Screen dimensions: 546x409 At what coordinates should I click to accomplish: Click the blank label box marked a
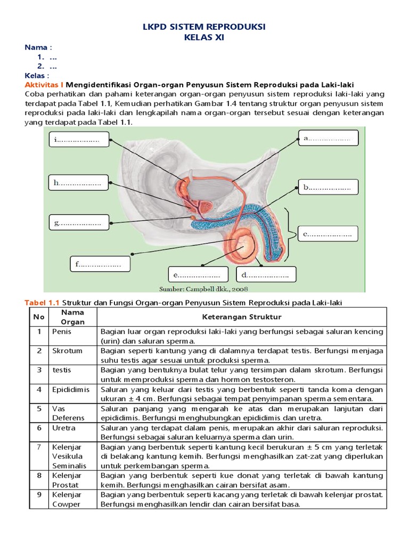click(x=329, y=138)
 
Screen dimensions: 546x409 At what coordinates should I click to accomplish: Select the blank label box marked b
click(x=329, y=188)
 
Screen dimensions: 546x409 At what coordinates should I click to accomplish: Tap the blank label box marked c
click(x=329, y=234)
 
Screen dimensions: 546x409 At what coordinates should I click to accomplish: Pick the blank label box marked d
click(x=265, y=275)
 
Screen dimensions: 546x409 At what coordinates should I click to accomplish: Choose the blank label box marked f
click(x=100, y=263)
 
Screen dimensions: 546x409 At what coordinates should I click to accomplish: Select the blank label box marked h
click(x=78, y=183)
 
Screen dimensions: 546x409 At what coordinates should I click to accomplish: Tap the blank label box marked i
click(x=78, y=141)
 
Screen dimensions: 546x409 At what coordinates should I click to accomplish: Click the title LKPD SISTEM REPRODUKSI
click(x=205, y=27)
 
